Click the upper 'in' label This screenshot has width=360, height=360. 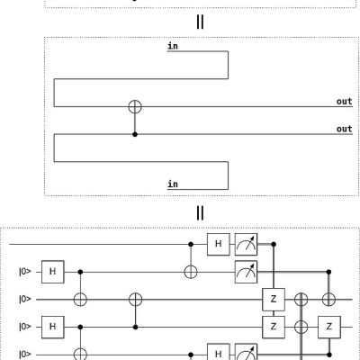coord(173,46)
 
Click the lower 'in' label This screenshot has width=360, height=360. coord(173,184)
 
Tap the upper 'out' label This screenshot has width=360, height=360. coord(344,102)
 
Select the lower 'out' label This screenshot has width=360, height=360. coord(344,129)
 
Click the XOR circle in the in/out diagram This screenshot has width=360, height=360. coord(135,106)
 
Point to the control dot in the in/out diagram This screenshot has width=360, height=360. coord(135,134)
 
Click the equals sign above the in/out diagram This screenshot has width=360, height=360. coord(200,22)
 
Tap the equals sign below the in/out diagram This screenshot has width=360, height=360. coord(200,213)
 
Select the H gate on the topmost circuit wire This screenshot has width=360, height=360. coord(219,244)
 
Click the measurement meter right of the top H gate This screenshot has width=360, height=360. coord(246,244)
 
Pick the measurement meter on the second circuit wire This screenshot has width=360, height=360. coord(246,272)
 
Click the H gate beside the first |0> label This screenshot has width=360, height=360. coord(53,272)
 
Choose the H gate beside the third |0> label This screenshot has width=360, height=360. coord(53,327)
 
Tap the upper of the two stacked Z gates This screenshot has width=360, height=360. coord(274,300)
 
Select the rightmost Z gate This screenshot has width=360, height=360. coord(329,327)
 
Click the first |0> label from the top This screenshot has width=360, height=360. coord(25,272)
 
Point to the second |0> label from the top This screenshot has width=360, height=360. coord(25,300)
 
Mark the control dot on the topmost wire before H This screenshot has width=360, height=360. coord(191,244)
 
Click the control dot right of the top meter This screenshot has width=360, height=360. coord(274,244)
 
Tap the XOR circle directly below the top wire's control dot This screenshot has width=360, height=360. coord(191,272)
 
